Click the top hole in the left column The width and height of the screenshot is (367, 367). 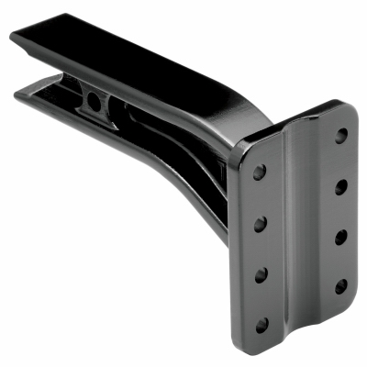tap(260, 172)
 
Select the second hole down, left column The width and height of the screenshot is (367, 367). tap(260, 222)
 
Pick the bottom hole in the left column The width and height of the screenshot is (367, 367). tap(262, 323)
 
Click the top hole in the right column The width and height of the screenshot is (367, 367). tap(341, 136)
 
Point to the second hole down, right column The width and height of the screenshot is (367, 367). tap(341, 186)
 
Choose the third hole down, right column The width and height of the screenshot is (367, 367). tap(341, 237)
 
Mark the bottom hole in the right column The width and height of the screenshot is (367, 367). tap(341, 286)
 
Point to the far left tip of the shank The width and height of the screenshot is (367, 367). tap(13, 36)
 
